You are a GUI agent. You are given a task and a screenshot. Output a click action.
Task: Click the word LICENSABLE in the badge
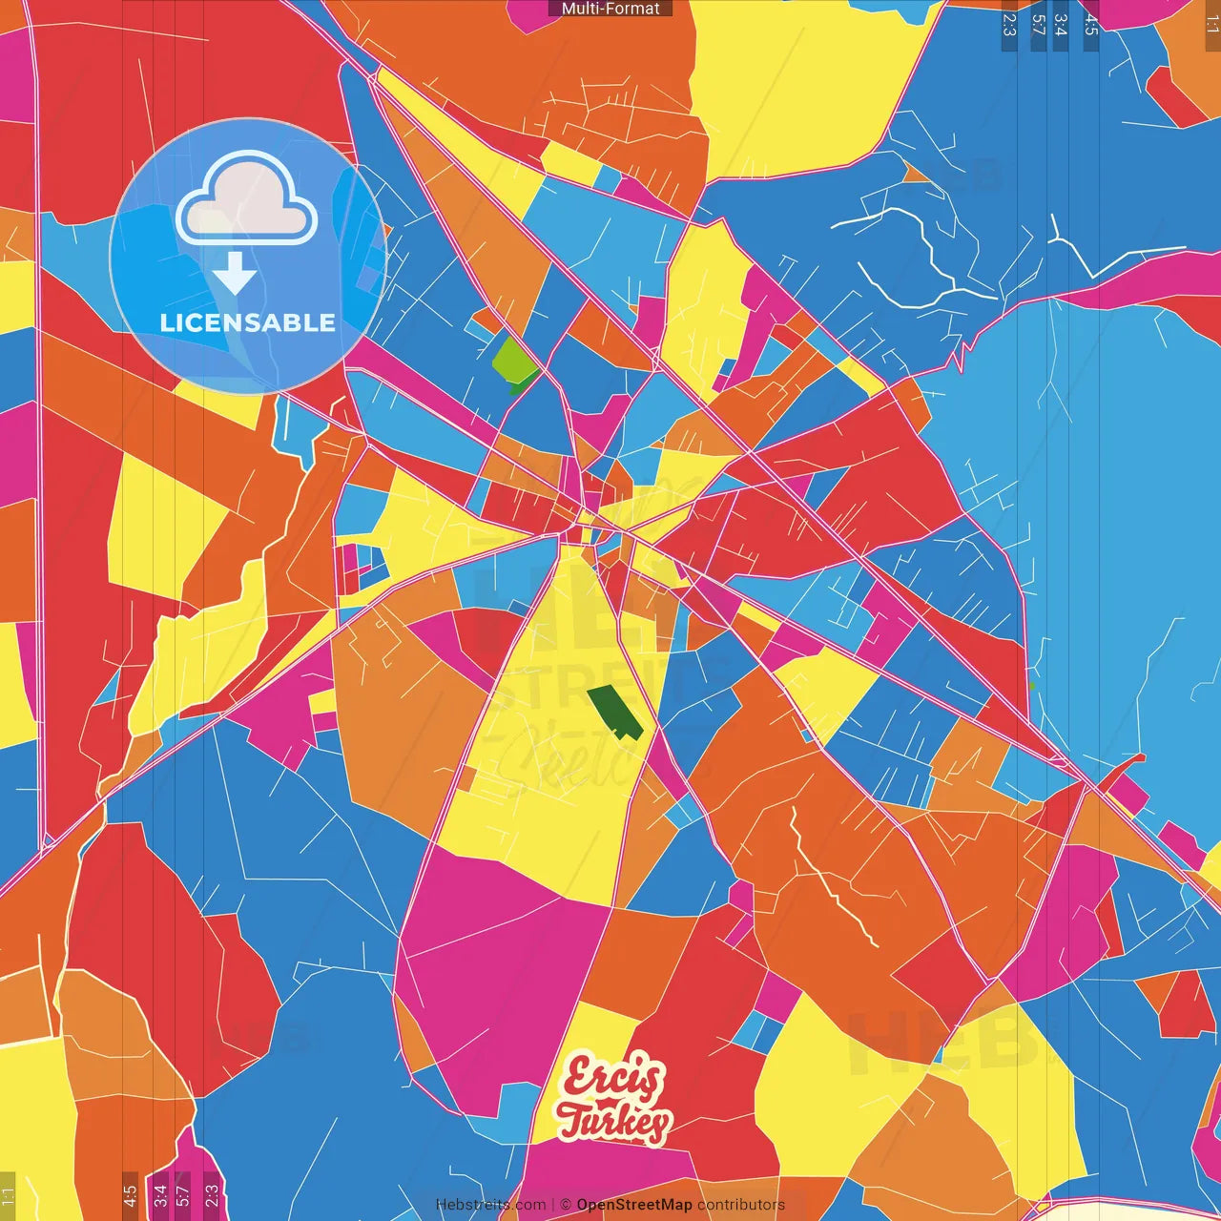pos(248,322)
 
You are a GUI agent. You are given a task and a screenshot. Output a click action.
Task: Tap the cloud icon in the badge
pos(247,200)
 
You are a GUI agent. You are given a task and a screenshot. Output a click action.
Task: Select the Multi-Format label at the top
pos(610,9)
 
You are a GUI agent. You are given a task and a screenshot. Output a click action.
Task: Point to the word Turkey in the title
pos(614,1122)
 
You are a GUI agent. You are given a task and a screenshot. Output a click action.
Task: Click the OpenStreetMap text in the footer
pos(633,1205)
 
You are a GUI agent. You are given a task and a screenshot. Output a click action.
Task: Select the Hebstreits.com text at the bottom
pos(490,1205)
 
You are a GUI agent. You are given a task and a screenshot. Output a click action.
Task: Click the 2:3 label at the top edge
pos(1009,25)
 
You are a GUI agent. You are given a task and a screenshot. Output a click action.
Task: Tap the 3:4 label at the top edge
pos(1061,25)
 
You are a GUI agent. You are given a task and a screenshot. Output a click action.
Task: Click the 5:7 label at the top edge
pos(1038,25)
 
